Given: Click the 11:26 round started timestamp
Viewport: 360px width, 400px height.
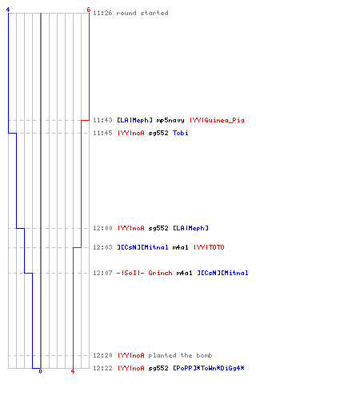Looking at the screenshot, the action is (x=102, y=13).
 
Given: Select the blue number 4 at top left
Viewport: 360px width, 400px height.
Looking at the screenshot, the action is (x=8, y=10).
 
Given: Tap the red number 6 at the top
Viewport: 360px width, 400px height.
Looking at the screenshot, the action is (x=89, y=10).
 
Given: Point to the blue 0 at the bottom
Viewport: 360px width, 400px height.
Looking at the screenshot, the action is (x=40, y=371).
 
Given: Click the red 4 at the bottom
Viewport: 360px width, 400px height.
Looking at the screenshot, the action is (x=73, y=371).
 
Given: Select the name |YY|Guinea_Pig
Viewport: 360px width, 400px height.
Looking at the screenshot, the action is (x=217, y=120).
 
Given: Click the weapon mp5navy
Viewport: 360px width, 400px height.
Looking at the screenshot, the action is (x=170, y=121).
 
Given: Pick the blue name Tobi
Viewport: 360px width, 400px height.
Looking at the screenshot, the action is (x=181, y=133).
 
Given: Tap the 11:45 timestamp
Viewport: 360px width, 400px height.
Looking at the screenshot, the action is (x=102, y=133).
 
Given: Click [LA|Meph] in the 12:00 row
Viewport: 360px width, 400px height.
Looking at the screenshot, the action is (x=191, y=228).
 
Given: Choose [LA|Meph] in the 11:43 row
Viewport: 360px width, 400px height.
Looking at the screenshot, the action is (x=135, y=120).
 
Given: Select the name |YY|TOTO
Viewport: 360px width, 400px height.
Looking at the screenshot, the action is (x=209, y=247).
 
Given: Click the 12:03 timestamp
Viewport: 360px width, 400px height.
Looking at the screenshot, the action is (x=102, y=247).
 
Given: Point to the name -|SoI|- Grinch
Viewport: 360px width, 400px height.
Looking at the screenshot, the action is (x=145, y=273).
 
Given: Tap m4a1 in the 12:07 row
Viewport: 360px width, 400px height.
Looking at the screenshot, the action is (x=184, y=273).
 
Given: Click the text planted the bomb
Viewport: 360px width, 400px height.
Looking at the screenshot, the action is (x=180, y=355).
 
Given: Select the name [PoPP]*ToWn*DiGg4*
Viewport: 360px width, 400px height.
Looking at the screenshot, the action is (x=209, y=368).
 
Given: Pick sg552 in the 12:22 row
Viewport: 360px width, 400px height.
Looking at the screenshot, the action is (x=158, y=368).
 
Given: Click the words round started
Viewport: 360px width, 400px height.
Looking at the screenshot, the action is (x=142, y=13).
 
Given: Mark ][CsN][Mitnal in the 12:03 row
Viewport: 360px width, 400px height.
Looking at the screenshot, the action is (x=143, y=247).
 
